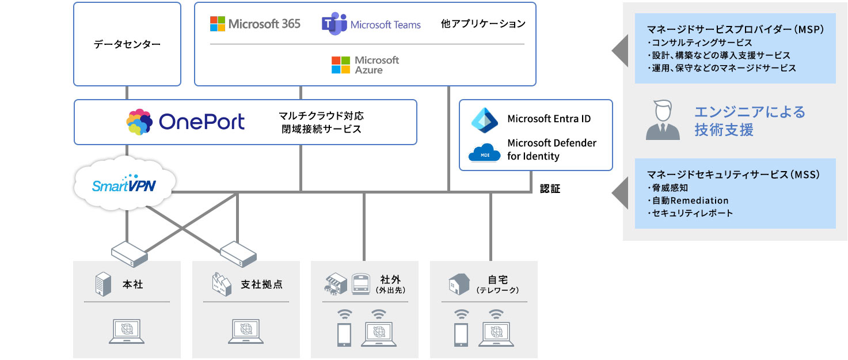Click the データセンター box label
point(127,44)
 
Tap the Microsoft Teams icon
point(333,24)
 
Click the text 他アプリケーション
point(483,24)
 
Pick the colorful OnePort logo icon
point(139,122)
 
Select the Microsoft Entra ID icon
point(487,119)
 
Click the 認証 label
point(550,188)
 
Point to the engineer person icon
point(662,120)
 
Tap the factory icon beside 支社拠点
point(221,284)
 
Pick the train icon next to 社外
point(361,283)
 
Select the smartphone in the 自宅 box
point(461,334)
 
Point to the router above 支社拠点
point(238,252)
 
